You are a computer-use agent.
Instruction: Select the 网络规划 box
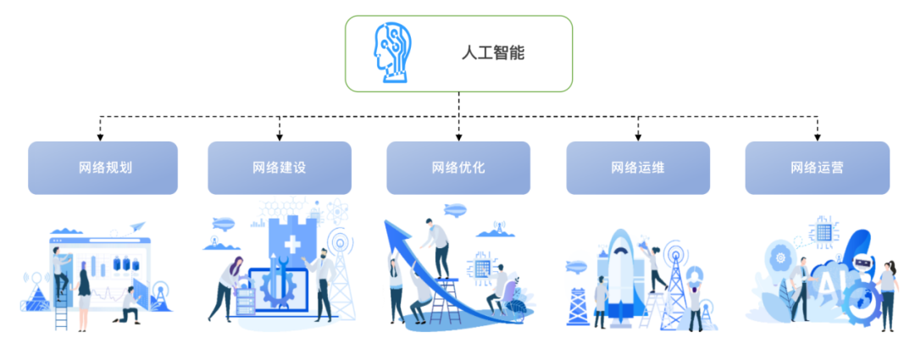point(103,168)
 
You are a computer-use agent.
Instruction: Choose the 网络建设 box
point(280,168)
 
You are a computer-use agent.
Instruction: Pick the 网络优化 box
point(458,168)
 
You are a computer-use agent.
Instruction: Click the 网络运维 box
point(638,168)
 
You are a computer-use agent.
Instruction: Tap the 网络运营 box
point(817,168)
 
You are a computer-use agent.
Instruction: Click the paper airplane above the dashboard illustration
point(137,227)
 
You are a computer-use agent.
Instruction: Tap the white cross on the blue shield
point(292,246)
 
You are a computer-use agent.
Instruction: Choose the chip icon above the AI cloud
point(823,228)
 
